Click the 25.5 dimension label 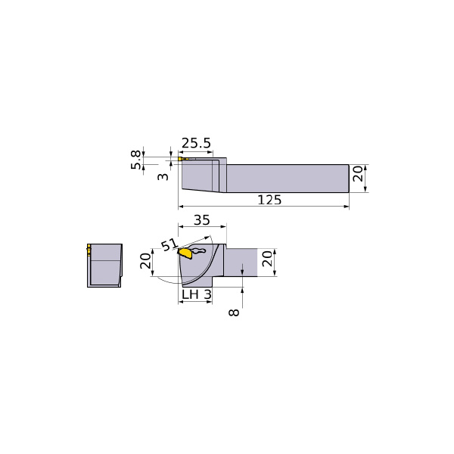click(196, 143)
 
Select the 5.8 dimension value click(135, 160)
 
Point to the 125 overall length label click(269, 200)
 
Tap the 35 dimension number click(202, 220)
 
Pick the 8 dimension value click(234, 312)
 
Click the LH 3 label click(197, 295)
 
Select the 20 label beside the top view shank click(358, 174)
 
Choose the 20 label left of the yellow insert click(145, 261)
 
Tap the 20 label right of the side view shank click(267, 259)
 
